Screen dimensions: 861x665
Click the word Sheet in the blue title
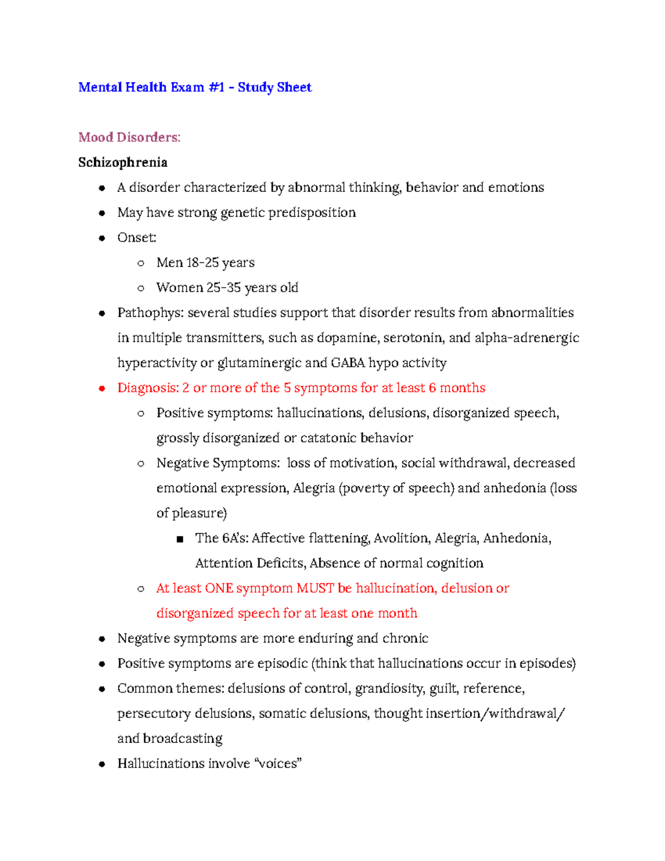tap(294, 88)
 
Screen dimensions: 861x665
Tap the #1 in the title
tap(216, 88)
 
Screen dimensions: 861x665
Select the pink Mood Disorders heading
tap(129, 137)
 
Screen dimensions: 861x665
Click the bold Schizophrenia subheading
tap(122, 162)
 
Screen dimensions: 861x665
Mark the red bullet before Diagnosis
tap(101, 389)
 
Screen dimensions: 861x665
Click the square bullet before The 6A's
tap(179, 539)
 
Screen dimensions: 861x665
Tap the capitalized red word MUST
tap(315, 588)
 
